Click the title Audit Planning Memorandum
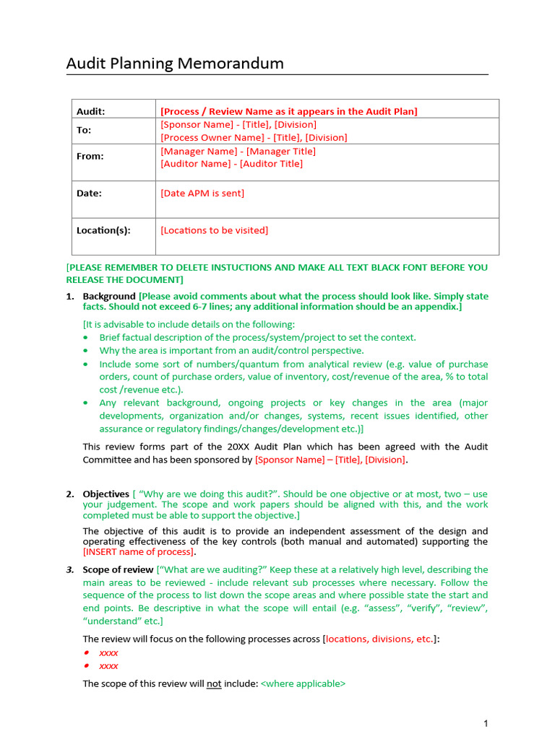point(175,64)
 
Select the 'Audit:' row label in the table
point(91,111)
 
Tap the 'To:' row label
point(85,130)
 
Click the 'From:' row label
point(90,156)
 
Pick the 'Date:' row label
point(90,193)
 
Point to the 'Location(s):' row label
point(103,230)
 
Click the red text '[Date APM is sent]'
point(202,193)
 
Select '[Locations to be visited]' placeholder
point(214,230)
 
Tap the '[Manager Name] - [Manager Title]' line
point(238,151)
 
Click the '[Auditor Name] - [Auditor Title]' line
point(231,164)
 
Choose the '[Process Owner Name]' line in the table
point(254,137)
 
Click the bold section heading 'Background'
point(109,297)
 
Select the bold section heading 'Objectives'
point(106,494)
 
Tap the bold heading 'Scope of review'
point(119,569)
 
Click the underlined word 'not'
point(214,683)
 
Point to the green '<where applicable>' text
point(303,683)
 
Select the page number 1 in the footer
point(486,723)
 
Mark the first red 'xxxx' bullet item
point(108,652)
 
